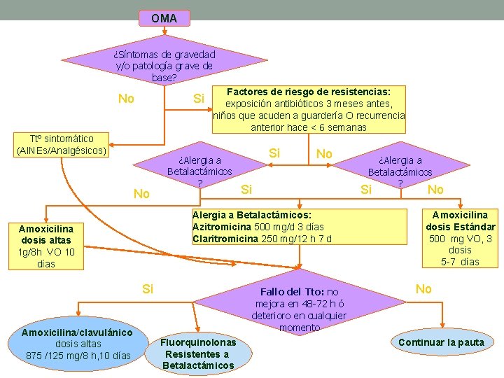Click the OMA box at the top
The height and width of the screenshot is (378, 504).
[x=164, y=17]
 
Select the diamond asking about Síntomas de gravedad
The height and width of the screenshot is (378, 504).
[x=164, y=66]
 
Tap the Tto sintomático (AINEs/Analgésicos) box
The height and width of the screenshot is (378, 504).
[x=60, y=145]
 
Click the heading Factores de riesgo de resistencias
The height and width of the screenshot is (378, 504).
[x=309, y=92]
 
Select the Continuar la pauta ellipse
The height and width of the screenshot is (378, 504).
[x=441, y=342]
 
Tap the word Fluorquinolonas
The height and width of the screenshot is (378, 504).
[x=198, y=343]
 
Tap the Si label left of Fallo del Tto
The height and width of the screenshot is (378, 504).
[x=148, y=288]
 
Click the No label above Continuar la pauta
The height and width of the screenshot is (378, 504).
[x=423, y=288]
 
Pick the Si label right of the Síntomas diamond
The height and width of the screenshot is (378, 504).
[x=199, y=99]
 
